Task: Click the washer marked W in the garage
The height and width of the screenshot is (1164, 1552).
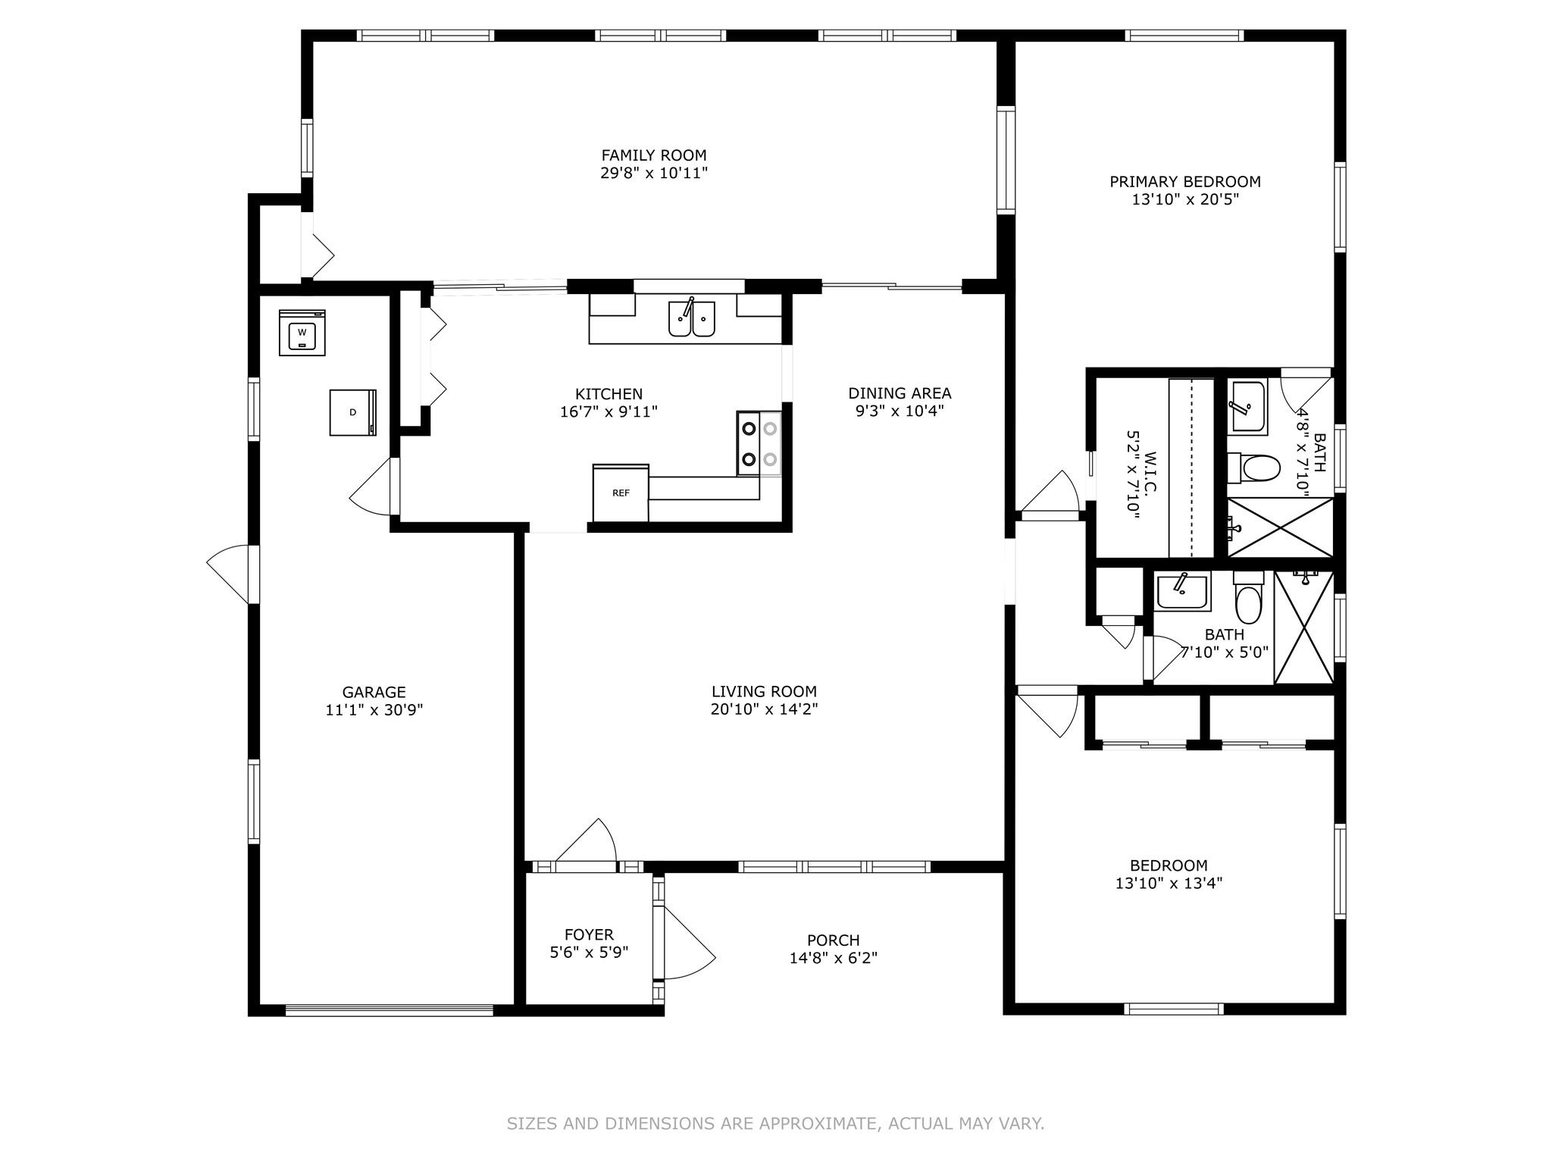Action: [x=302, y=332]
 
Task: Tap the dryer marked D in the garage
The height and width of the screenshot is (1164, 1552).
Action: [x=353, y=412]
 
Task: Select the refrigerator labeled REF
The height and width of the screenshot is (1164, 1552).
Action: [x=621, y=493]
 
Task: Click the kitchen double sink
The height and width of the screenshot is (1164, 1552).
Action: [x=692, y=318]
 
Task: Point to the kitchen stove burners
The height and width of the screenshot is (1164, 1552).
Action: [x=759, y=443]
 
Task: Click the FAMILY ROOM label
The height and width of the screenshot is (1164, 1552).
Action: [x=654, y=155]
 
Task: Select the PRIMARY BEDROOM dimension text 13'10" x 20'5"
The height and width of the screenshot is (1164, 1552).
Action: [x=1185, y=199]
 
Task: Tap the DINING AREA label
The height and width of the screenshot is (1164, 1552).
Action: [x=900, y=393]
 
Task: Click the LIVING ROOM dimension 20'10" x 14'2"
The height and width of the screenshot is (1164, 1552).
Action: [x=764, y=709]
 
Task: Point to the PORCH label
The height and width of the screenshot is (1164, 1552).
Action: [x=834, y=940]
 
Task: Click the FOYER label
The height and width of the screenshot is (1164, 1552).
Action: [x=589, y=934]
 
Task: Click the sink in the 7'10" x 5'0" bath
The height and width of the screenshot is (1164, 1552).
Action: [x=1182, y=591]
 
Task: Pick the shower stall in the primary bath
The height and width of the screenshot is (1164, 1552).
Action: [x=1280, y=527]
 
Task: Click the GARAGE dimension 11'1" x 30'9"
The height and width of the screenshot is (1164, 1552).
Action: [x=374, y=710]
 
